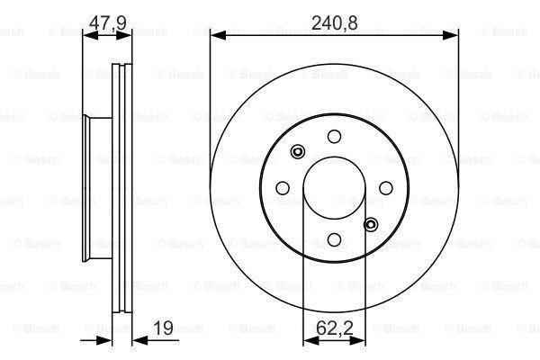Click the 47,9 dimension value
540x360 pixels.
[108, 22]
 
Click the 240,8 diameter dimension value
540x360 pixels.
[335, 22]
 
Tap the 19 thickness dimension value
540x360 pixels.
[163, 328]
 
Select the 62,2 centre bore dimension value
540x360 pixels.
[335, 328]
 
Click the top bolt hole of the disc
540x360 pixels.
[334, 137]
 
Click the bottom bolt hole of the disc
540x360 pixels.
[334, 239]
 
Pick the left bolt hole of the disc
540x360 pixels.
[283, 188]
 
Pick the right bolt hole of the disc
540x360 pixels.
[386, 188]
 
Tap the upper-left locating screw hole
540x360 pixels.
[298, 151]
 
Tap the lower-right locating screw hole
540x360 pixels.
[371, 225]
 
